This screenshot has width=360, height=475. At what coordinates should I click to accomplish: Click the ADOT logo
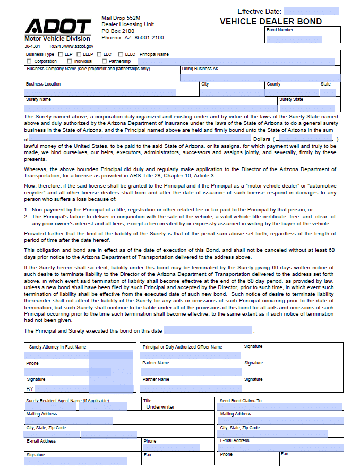pos(57,27)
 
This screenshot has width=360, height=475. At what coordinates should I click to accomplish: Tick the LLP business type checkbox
pos(61,54)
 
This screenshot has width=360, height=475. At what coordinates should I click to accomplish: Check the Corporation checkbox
pos(29,61)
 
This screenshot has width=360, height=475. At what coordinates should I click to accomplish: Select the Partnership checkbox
pos(104,61)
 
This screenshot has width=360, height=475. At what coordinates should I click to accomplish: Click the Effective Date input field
pos(311,11)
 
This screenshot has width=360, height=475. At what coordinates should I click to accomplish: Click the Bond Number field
pos(294,39)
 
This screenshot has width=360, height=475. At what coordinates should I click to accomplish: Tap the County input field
pos(291,92)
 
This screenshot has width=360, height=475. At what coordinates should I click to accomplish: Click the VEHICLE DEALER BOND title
pos(271,22)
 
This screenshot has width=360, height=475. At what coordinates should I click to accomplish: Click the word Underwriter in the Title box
pos(160,407)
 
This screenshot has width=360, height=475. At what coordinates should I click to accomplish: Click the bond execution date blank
pos(208,330)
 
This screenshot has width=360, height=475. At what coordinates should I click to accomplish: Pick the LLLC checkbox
pos(121,54)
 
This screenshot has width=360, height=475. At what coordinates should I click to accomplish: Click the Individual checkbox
pos(70,61)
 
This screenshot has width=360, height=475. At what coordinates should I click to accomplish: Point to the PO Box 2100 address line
pos(118,31)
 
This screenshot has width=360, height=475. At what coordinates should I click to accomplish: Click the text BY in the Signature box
pos(30,388)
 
